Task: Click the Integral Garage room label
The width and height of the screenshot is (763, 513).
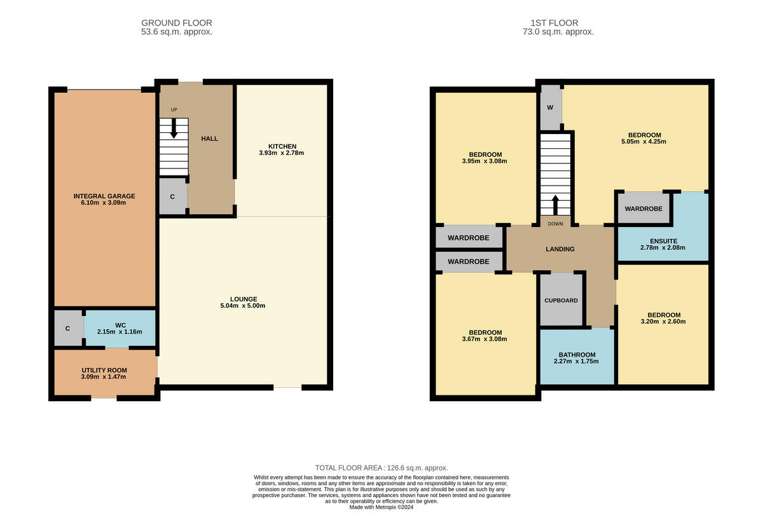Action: pos(104,196)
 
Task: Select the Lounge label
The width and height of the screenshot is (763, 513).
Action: pos(244,299)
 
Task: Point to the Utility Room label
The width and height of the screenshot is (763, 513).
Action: pos(104,370)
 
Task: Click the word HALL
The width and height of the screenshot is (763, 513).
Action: pos(210,139)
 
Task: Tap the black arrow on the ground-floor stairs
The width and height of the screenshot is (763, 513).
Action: pos(174,130)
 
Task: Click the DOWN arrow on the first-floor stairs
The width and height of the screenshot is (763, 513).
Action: pos(556,205)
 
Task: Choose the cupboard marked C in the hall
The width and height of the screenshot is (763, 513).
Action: pos(172,197)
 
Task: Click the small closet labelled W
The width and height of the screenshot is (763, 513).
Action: pos(550,107)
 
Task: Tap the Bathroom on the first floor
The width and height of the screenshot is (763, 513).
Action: pos(577,355)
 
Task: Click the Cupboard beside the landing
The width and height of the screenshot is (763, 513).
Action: pos(561,300)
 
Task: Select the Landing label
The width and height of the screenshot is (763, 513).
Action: pos(560,249)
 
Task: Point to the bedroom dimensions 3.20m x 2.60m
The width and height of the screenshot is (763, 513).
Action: pos(664,322)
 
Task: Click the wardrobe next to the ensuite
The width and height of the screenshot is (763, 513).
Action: pos(643,209)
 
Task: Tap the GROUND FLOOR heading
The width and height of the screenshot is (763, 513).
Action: pos(176,23)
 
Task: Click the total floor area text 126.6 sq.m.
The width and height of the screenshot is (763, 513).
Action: pos(381,467)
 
